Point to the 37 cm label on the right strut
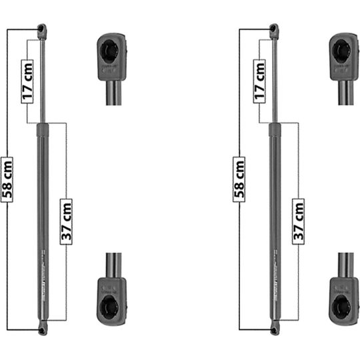point(298,220)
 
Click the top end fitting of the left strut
point(42,29)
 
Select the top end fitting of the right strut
point(273,29)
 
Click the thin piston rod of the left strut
point(42,80)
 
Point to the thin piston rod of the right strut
point(273,80)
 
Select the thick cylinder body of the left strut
point(42,200)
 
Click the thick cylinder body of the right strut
point(273,200)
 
